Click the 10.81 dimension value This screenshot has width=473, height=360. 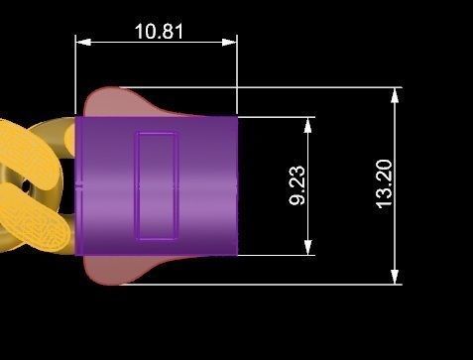pyautogui.click(x=159, y=32)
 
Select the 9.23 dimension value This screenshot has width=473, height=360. pyautogui.click(x=296, y=185)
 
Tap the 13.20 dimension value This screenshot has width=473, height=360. pyautogui.click(x=384, y=183)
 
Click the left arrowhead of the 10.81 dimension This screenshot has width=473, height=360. pyautogui.click(x=83, y=42)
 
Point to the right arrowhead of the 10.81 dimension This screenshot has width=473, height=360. pyautogui.click(x=229, y=42)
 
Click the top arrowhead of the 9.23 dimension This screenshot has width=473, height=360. pyautogui.click(x=307, y=125)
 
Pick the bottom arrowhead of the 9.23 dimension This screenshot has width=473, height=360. pyautogui.click(x=307, y=247)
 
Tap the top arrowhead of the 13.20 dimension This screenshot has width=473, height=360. pyautogui.click(x=395, y=96)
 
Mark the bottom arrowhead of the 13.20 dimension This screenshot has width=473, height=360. pyautogui.click(x=395, y=277)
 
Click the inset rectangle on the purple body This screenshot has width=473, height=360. pyautogui.click(x=158, y=185)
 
